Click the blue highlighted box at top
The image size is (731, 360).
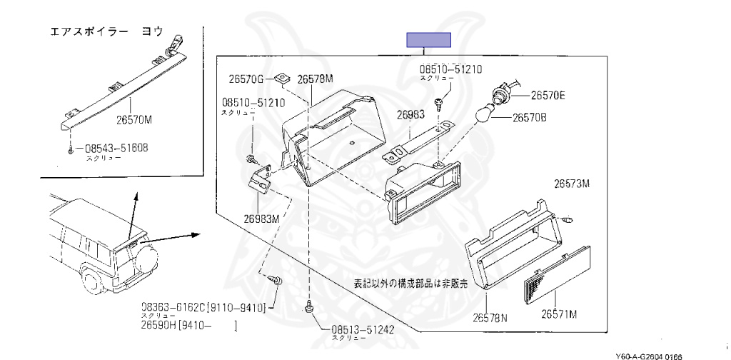(428, 40)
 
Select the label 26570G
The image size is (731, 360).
(246, 79)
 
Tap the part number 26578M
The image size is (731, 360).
(315, 79)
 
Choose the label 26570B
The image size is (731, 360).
(529, 118)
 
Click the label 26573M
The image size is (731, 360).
(572, 184)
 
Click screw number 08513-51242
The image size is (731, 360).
(363, 330)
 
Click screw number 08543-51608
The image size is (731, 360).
(116, 149)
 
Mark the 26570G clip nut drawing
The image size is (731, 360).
(284, 74)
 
